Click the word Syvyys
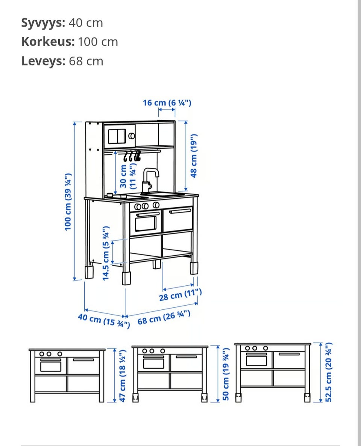coord(43,23)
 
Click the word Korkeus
coord(48,42)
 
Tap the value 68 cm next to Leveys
coord(86,61)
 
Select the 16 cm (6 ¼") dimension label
coord(167,102)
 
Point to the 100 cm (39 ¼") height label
coord(68,202)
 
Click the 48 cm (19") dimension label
coord(194,155)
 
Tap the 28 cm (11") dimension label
coord(180,295)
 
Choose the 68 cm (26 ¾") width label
coord(164,317)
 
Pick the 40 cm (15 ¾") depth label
coord(104,321)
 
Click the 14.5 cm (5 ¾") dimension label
coord(106,253)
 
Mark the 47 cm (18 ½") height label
coord(122,376)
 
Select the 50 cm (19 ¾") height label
coord(225,374)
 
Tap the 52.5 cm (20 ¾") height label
coord(329,372)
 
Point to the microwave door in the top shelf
coord(117,136)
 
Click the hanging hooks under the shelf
coord(132,156)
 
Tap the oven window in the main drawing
coord(146,224)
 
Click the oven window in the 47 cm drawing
coord(50,366)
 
